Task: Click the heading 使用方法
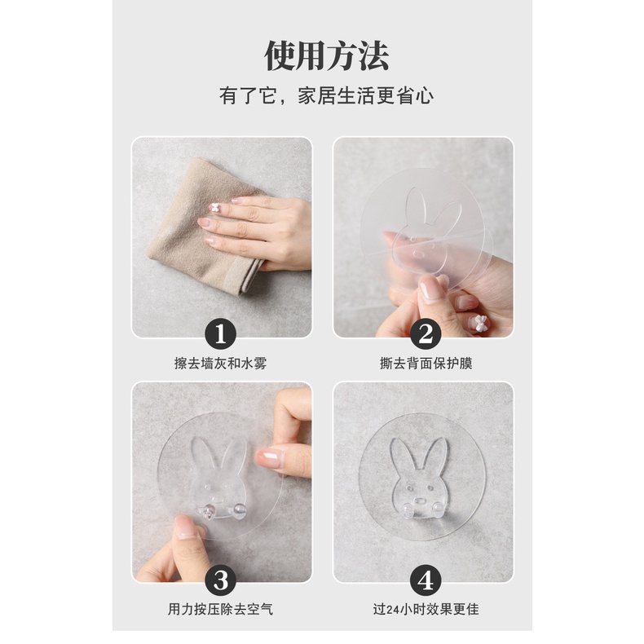(327, 56)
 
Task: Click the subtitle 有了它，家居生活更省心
(327, 95)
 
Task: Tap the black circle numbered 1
(221, 334)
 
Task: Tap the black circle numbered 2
(426, 334)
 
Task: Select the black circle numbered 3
(221, 580)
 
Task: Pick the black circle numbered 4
(426, 580)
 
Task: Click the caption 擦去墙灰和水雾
(221, 364)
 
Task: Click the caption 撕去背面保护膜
(426, 364)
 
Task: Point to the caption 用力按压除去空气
(221, 609)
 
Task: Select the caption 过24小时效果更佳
(426, 609)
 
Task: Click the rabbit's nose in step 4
(419, 501)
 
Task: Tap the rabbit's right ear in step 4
(435, 456)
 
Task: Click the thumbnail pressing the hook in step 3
(183, 527)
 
